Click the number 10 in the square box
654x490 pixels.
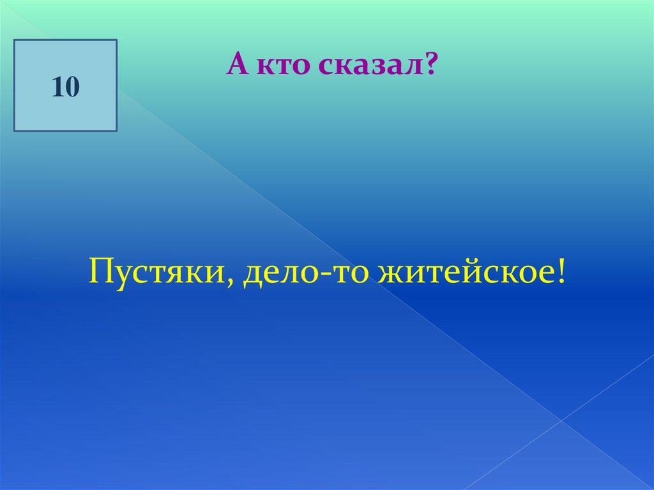tap(66, 87)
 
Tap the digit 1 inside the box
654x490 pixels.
tap(57, 87)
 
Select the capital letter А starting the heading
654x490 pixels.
tap(238, 65)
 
